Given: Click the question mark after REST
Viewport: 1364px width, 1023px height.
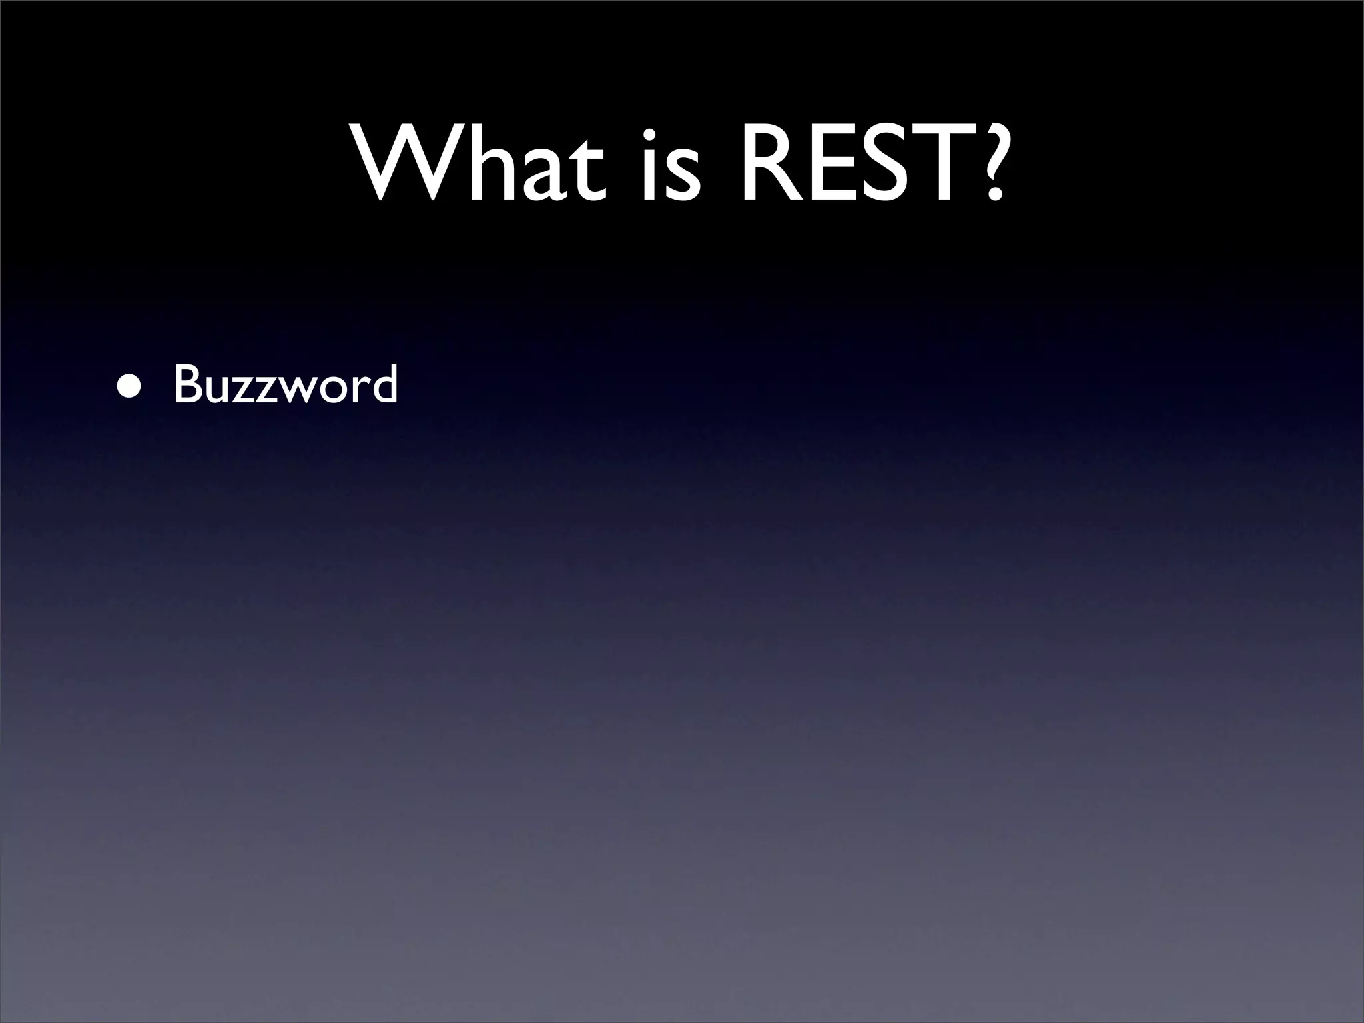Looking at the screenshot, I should click(x=984, y=160).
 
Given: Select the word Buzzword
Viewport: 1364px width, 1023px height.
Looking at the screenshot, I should click(x=286, y=384).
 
